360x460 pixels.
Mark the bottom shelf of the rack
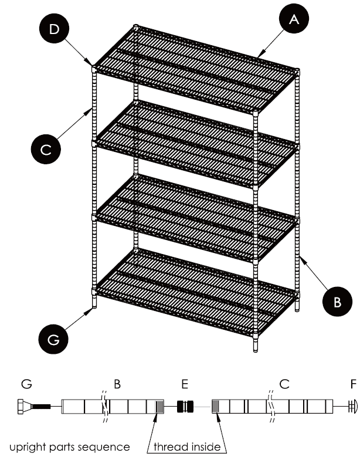point(193,293)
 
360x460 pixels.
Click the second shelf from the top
point(193,144)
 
